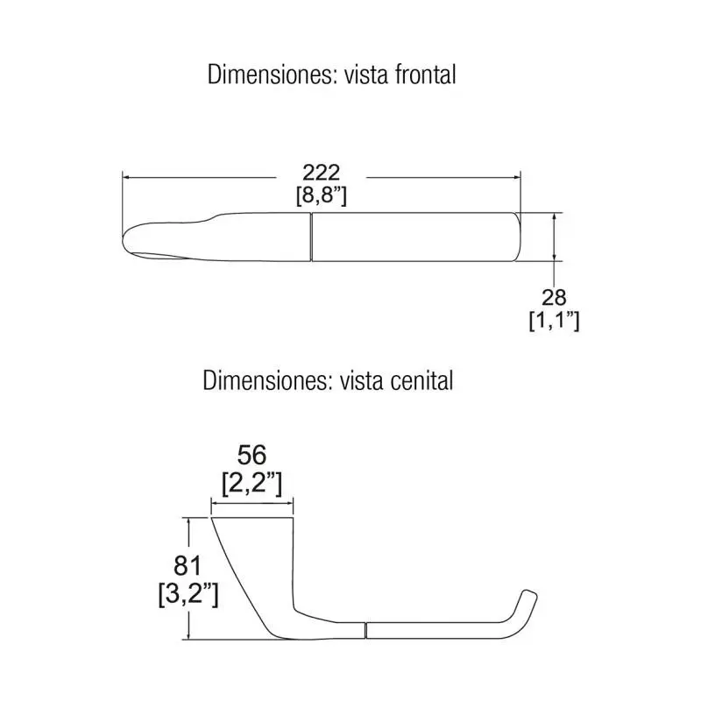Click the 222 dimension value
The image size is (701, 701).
[x=321, y=173]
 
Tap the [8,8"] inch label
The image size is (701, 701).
[x=321, y=195]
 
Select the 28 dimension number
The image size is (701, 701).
[x=554, y=297]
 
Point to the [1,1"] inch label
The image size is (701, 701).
[x=554, y=321]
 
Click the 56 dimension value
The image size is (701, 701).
[x=251, y=455]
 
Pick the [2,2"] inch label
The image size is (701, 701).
[x=252, y=484]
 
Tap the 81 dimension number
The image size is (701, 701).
[x=188, y=565]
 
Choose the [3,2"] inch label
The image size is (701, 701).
[x=188, y=594]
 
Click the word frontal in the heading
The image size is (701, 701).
[x=425, y=74]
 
